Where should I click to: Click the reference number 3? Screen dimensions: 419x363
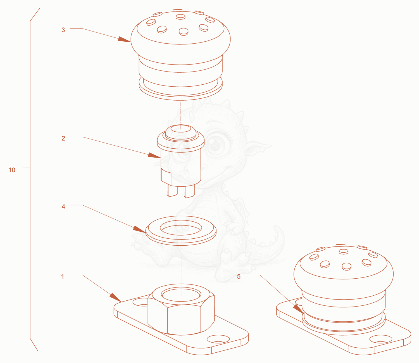click(63, 30)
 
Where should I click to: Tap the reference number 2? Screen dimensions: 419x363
click(63, 138)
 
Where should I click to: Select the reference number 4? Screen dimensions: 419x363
click(63, 207)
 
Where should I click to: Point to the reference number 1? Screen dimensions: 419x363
click(63, 276)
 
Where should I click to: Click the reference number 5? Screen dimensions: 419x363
click(239, 276)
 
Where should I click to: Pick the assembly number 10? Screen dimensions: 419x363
click(12, 170)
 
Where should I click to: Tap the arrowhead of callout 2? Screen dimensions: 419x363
click(154, 155)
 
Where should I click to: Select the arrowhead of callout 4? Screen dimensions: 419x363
click(139, 229)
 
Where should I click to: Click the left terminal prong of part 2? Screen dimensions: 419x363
click(172, 191)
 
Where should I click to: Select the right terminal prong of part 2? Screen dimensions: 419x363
click(189, 192)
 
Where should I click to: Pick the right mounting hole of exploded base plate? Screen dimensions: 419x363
click(218, 339)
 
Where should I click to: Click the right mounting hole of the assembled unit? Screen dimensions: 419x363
click(381, 339)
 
